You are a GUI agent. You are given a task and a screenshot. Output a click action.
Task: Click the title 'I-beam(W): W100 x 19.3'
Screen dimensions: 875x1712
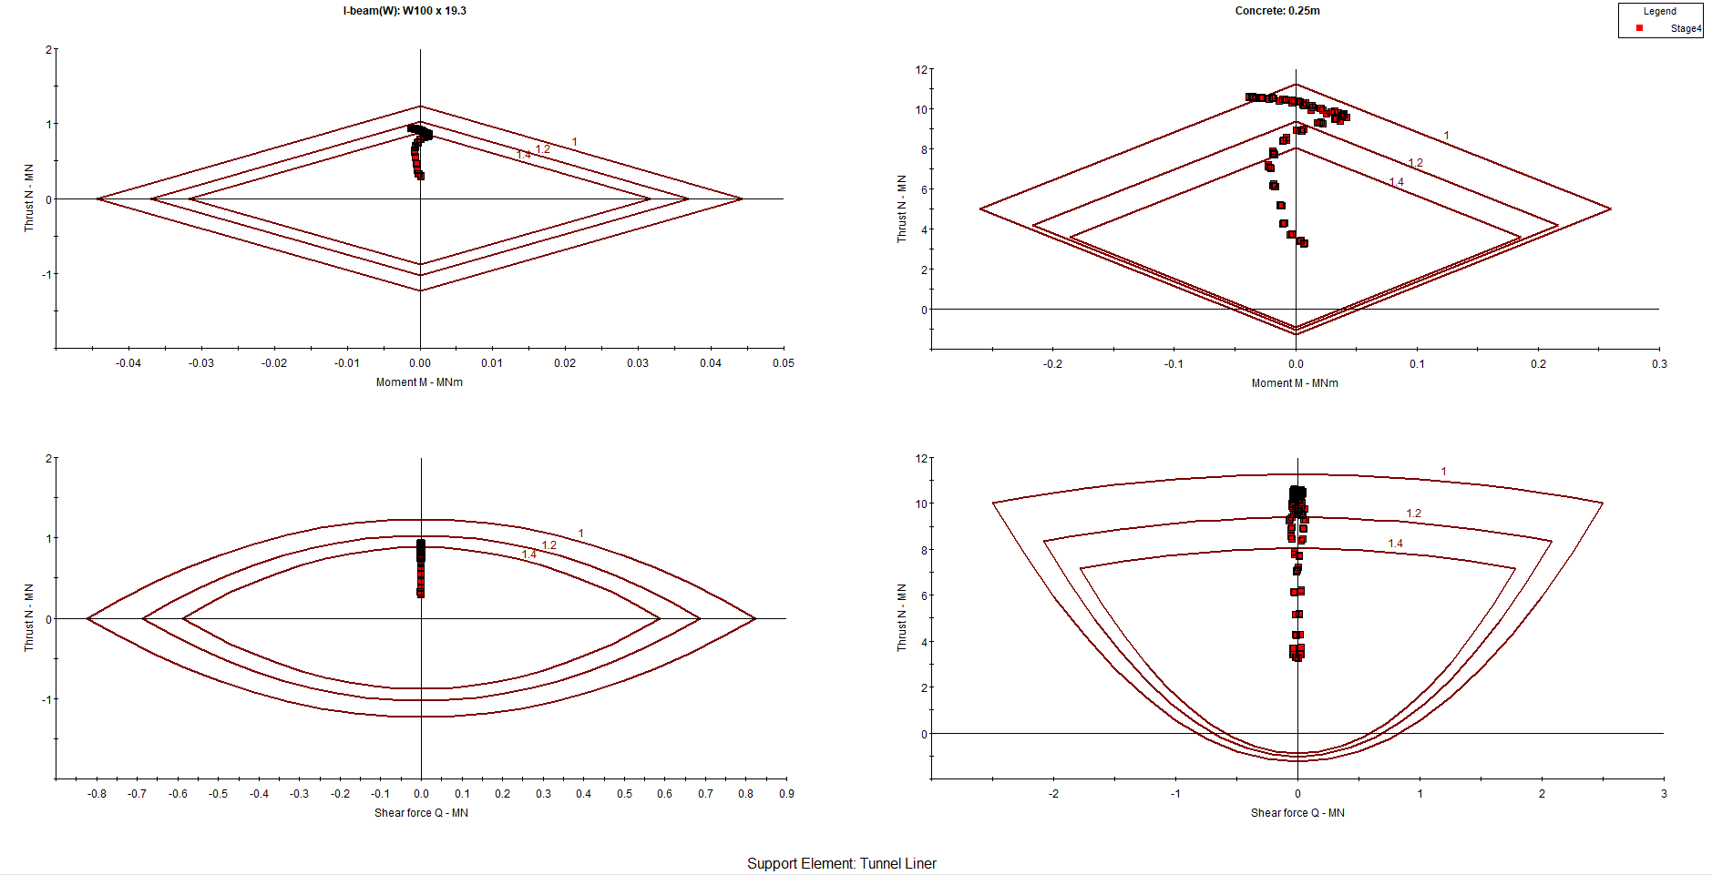coord(405,11)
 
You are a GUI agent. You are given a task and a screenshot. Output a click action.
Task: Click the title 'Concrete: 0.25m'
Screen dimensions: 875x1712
coord(1277,11)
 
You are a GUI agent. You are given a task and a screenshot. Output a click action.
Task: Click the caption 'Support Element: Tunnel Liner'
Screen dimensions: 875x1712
coord(841,863)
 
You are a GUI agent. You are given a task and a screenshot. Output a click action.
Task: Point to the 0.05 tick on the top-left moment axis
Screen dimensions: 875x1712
coord(784,362)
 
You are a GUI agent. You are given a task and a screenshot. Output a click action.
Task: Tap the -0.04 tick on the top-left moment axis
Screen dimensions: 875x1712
coord(128,362)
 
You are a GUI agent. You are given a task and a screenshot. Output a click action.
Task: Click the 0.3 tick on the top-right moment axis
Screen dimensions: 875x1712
coord(1659,363)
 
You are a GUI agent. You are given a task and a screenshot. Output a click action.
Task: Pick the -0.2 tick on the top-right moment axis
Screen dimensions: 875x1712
coord(1052,363)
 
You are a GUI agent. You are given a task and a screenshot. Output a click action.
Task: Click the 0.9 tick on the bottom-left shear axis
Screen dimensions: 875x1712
coord(786,793)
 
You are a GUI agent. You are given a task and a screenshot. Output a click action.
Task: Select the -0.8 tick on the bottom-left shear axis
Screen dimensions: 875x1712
coord(97,793)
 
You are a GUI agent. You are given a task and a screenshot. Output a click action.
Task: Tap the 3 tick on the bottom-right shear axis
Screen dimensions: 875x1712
coord(1664,793)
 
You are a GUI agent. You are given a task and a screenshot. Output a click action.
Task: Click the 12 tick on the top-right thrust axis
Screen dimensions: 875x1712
coord(921,69)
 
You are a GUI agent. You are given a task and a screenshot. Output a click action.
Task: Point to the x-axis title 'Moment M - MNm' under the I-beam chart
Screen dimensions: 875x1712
coord(419,382)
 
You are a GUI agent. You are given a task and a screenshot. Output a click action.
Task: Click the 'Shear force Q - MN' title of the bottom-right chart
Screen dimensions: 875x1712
coord(1297,812)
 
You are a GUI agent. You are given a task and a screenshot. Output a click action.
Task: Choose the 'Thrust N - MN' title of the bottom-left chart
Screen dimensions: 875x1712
coord(29,617)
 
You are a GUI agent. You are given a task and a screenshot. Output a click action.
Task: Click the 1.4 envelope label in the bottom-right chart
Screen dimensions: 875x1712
coord(1395,544)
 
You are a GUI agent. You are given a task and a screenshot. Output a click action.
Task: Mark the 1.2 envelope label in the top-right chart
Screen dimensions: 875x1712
coord(1415,163)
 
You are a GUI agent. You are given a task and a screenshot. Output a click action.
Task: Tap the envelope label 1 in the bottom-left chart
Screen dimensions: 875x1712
coord(580,534)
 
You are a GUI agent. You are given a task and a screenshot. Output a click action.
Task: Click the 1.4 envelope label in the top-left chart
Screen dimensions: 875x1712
coord(523,155)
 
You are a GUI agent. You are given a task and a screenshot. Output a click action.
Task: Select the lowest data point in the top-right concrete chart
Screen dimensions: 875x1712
coord(1303,243)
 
